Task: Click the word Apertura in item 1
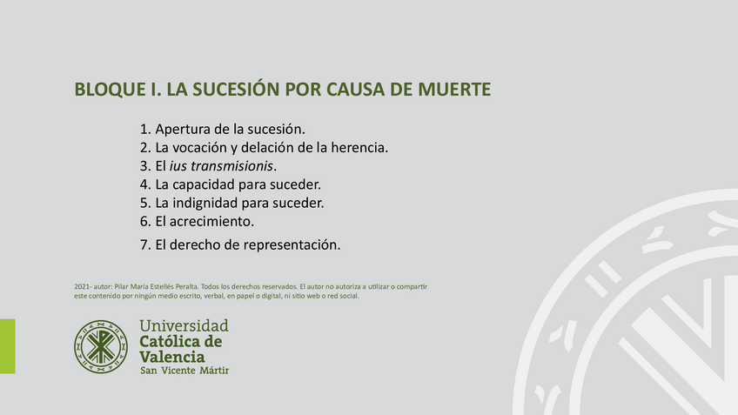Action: (182, 129)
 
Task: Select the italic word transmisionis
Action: (233, 165)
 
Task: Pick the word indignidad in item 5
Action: (208, 203)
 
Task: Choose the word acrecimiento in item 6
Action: (211, 221)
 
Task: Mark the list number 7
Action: (144, 244)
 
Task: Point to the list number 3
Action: (144, 165)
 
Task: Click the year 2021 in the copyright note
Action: (84, 286)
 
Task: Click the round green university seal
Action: (101, 346)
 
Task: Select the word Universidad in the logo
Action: (184, 326)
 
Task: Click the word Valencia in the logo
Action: (172, 357)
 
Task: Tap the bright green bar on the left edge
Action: (7, 346)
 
